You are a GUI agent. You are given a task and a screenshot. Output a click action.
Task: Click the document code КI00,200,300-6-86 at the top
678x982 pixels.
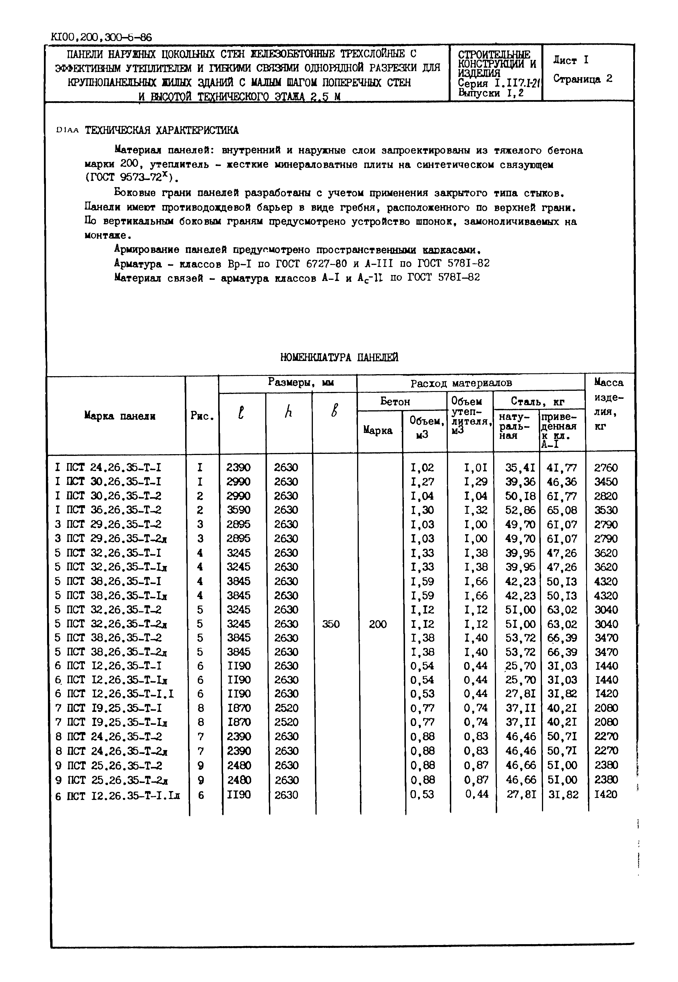click(101, 37)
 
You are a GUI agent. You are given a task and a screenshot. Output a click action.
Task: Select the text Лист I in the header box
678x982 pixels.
click(571, 60)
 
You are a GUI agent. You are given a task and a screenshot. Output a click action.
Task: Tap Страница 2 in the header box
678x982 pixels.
click(582, 79)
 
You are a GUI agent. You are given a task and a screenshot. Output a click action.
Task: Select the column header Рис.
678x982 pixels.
click(202, 416)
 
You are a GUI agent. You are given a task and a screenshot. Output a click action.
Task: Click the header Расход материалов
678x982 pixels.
click(461, 383)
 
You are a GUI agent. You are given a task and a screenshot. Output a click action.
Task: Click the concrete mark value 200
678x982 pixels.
click(378, 624)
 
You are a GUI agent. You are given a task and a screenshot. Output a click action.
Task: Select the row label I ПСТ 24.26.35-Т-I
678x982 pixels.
click(108, 467)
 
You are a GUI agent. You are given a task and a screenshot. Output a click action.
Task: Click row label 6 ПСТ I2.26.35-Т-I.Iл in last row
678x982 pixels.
click(118, 796)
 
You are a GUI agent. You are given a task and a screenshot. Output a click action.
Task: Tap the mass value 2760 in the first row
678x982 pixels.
click(606, 468)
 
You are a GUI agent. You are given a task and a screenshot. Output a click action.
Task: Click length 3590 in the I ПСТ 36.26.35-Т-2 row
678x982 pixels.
click(238, 510)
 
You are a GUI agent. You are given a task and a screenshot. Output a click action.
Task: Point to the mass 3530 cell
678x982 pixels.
click(606, 510)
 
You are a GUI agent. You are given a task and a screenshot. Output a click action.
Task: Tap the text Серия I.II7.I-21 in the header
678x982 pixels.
click(495, 84)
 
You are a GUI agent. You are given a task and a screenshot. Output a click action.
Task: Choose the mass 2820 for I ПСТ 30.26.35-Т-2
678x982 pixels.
click(606, 496)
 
